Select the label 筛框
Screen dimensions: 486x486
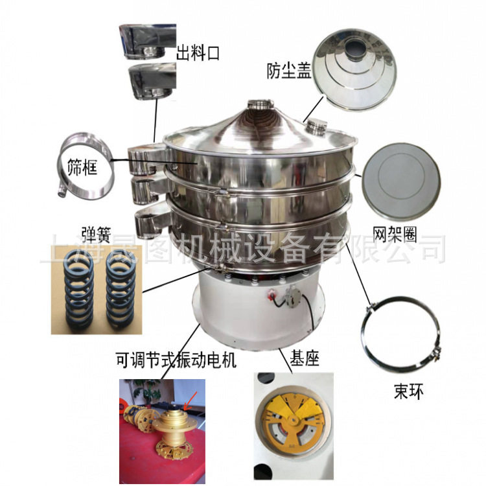pyautogui.click(x=82, y=169)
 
